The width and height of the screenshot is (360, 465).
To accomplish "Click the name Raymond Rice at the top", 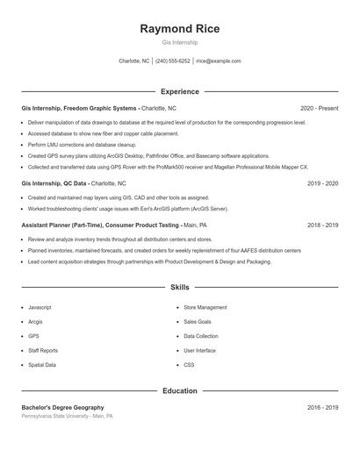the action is [x=179, y=28].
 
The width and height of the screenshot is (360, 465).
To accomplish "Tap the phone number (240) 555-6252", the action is [x=172, y=61].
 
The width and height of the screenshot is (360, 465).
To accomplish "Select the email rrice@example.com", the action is [x=218, y=61].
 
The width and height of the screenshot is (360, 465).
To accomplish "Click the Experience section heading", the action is [x=179, y=91].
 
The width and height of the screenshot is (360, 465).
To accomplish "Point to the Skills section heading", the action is [x=179, y=287].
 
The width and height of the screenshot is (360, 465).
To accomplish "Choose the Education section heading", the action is [x=179, y=390].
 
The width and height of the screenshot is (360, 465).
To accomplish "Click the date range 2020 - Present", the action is [x=319, y=108].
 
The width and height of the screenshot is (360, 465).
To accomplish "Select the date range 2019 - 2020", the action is [x=322, y=184].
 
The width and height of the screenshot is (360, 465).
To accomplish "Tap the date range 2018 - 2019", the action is [x=322, y=225].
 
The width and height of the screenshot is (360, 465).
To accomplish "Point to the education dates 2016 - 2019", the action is [x=322, y=407].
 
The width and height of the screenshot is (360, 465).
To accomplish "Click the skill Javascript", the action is [x=40, y=308].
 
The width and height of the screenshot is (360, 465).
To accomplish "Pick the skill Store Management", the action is [x=205, y=308].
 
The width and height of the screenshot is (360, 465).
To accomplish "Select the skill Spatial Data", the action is [x=42, y=364].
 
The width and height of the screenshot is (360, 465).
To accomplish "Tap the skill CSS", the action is [x=189, y=364].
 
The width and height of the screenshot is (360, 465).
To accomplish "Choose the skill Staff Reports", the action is [x=43, y=350].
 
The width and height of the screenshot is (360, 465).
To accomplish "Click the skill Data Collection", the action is [x=201, y=336].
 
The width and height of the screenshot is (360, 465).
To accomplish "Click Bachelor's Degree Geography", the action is [x=62, y=407].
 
